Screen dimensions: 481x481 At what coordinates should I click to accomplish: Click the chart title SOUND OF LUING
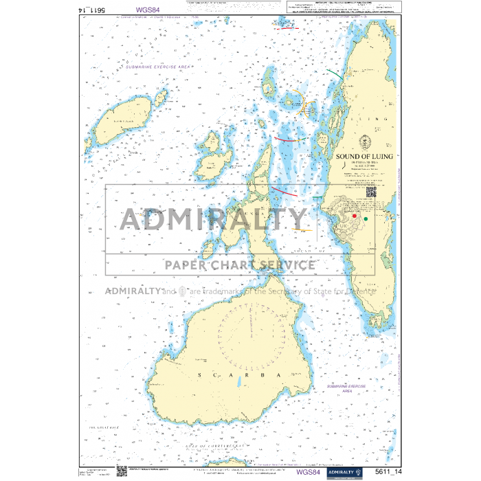[364, 157]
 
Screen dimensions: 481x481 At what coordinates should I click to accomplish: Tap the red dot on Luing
[355, 216]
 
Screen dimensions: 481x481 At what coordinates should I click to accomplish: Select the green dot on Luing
[366, 219]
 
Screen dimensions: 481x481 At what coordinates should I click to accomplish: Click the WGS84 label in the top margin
[148, 10]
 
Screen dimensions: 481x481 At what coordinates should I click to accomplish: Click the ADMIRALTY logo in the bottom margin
[346, 472]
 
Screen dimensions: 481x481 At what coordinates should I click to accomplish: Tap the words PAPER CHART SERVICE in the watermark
[238, 265]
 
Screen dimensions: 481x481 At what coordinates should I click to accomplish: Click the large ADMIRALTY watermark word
[213, 219]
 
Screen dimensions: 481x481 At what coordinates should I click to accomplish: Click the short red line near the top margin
[282, 28]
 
